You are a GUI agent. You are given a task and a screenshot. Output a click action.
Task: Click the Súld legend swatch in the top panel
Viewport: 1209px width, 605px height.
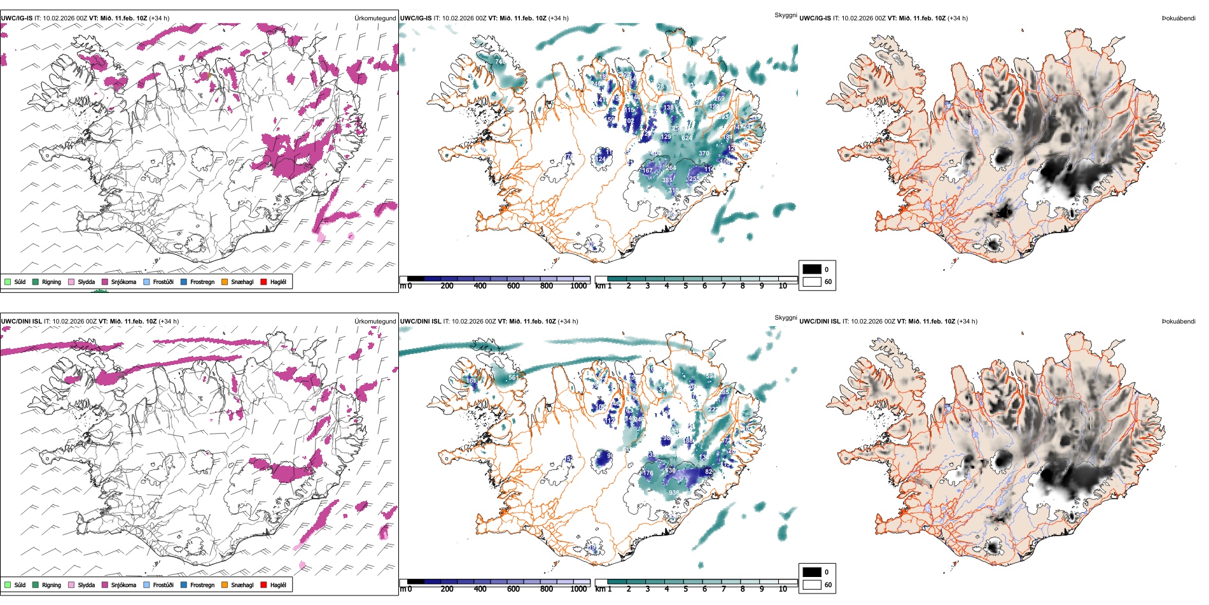coord(8,281)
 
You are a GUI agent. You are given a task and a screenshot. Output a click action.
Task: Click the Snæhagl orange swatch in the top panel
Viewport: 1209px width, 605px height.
coord(225,281)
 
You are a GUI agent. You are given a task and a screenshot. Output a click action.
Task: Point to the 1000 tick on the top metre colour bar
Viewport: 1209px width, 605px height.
coord(578,286)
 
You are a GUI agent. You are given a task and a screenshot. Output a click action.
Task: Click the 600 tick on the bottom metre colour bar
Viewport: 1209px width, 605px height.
coord(514,589)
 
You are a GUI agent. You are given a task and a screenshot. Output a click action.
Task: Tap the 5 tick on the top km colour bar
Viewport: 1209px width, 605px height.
coord(685,286)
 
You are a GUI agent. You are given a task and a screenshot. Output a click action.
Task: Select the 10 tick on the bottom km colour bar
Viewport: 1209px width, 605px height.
coord(783,589)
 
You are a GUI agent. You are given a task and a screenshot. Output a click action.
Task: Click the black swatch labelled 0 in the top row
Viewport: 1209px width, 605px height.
coord(812,269)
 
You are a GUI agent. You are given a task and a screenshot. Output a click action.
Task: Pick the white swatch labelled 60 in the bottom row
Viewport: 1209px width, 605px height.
coord(812,585)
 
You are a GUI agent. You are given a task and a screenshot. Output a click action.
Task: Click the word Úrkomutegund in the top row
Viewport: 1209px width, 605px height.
coord(375,18)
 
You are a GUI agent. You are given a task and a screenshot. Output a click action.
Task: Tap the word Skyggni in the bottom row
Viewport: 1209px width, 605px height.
coord(786,318)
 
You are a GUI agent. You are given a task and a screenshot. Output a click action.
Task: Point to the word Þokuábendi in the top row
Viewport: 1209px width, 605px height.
coord(1178,18)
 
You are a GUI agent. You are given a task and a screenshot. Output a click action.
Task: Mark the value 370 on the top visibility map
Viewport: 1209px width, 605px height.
coord(704,153)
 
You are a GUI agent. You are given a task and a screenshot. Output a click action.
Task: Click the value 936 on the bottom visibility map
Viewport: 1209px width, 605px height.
coord(674,493)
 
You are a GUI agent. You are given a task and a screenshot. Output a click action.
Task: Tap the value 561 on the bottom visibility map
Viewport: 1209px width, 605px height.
coord(513,378)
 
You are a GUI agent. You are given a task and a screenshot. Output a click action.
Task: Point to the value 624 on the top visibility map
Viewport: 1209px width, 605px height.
coord(687,138)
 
